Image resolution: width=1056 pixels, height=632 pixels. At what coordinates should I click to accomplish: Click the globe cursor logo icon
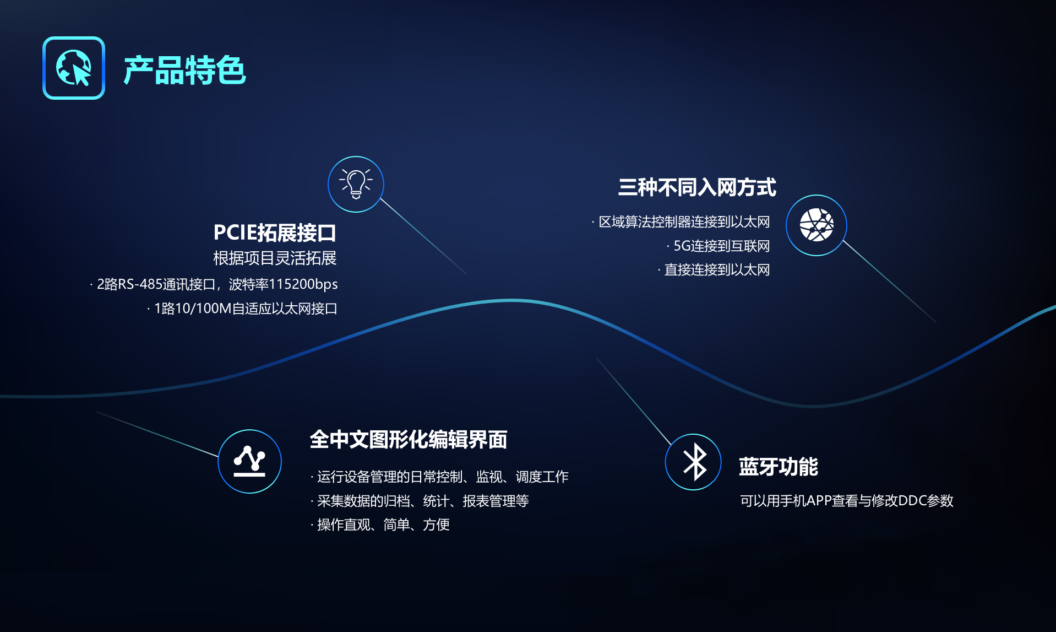pyautogui.click(x=74, y=68)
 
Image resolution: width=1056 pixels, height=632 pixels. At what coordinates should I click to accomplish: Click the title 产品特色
pyautogui.click(x=184, y=70)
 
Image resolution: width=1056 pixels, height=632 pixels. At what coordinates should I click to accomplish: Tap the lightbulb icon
pyautogui.click(x=356, y=184)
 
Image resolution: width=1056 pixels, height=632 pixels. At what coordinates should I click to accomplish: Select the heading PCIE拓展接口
pyautogui.click(x=275, y=233)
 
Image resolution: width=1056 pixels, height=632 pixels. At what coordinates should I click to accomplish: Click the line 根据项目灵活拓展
pyautogui.click(x=275, y=258)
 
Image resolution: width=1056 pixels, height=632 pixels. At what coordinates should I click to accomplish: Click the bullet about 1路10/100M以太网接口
pyautogui.click(x=242, y=308)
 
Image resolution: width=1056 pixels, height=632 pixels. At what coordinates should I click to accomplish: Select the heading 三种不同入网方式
pyautogui.click(x=697, y=187)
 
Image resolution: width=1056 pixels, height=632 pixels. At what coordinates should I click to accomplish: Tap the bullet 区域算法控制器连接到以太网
pyautogui.click(x=681, y=222)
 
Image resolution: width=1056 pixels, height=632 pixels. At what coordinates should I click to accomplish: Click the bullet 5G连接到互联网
pyautogui.click(x=718, y=246)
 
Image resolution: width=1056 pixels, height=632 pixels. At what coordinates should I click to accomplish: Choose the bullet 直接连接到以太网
pyautogui.click(x=714, y=269)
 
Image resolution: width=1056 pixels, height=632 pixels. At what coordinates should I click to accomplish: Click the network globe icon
pyautogui.click(x=816, y=225)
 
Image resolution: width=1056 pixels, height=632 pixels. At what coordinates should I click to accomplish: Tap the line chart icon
pyautogui.click(x=249, y=461)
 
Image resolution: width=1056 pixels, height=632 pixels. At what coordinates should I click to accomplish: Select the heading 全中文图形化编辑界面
pyautogui.click(x=408, y=439)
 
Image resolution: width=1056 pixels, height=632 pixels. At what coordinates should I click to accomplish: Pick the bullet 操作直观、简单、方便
pyautogui.click(x=380, y=525)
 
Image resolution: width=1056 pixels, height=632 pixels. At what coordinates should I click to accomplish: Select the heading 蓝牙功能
pyautogui.click(x=779, y=467)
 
